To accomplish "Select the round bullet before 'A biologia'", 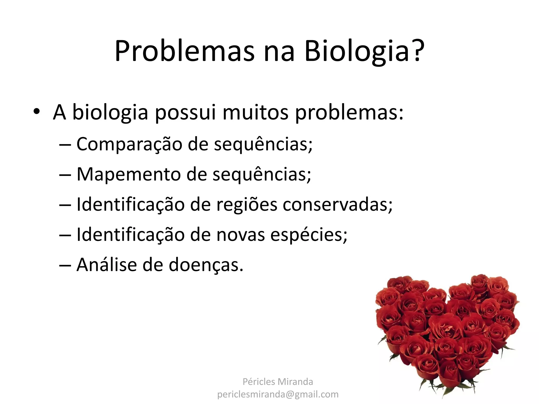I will tap(36, 112).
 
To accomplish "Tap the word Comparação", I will tap(129, 144).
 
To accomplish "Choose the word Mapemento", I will tap(128, 174).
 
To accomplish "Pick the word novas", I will tap(241, 235).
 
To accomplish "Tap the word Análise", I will tap(107, 265).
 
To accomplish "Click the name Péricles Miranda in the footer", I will tap(278, 382).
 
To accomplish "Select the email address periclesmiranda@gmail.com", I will tap(278, 394).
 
